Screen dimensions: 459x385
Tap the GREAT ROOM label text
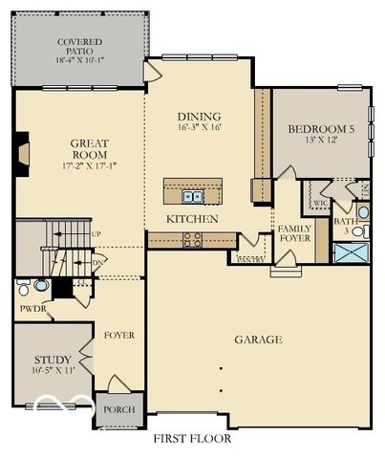click(x=89, y=148)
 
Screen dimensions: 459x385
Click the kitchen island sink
click(x=194, y=197)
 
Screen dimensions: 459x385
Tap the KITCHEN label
click(x=192, y=219)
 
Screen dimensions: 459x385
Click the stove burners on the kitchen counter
click(x=192, y=240)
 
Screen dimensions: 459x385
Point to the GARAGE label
click(x=258, y=339)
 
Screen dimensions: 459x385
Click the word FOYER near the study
click(x=119, y=336)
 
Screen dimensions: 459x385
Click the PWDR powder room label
click(x=32, y=309)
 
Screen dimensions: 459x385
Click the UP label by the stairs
click(x=96, y=234)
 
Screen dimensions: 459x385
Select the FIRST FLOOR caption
click(x=192, y=439)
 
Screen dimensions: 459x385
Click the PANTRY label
click(x=249, y=259)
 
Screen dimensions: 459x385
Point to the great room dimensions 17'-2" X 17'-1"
click(x=89, y=166)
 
